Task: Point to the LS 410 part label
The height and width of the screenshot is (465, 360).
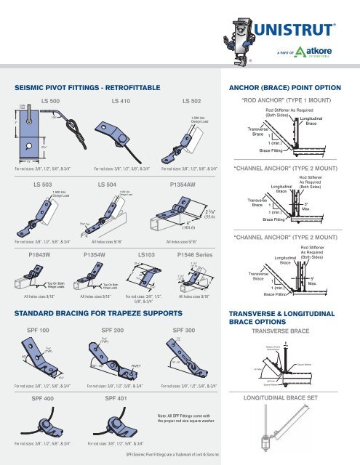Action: (x=124, y=98)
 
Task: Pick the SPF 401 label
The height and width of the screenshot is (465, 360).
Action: (x=119, y=399)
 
